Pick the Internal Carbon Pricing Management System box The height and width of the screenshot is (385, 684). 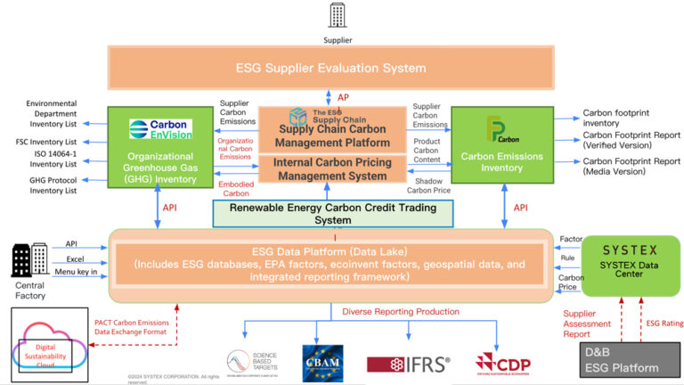(x=331, y=168)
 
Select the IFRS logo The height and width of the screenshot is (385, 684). (x=409, y=364)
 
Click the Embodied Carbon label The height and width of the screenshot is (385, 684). (x=234, y=188)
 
